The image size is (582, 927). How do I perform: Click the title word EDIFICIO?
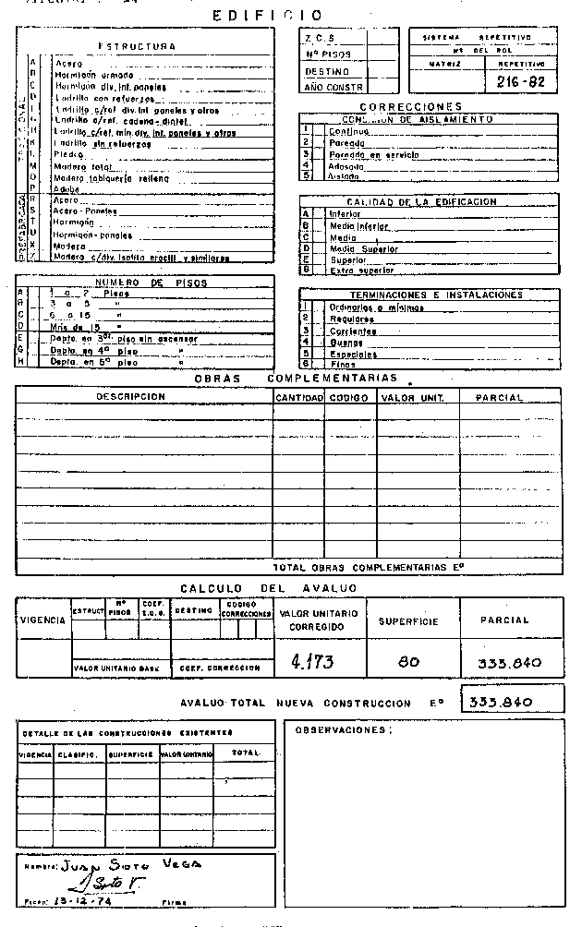coord(268,16)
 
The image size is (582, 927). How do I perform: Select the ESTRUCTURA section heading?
coord(137,45)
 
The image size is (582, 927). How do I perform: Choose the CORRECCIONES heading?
coord(410,107)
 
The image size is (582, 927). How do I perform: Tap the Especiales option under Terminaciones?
coord(353,355)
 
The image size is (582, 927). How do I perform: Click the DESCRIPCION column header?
coord(130,397)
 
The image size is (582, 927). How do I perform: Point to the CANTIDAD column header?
coord(298,398)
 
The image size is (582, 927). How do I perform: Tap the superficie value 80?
coord(408,661)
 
